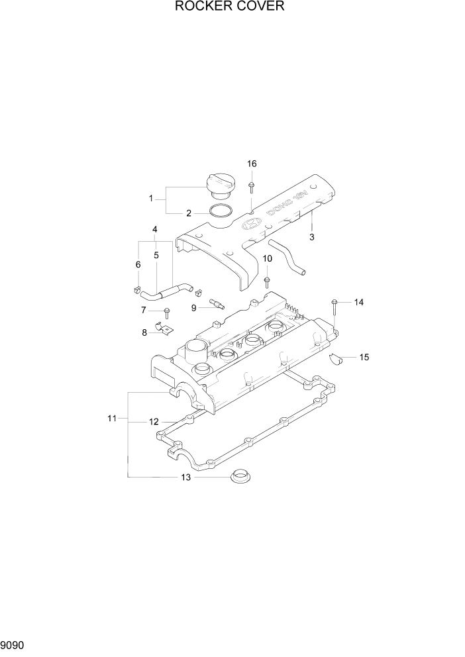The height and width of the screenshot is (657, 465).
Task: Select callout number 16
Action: (x=252, y=164)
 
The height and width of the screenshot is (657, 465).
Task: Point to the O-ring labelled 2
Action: (x=220, y=212)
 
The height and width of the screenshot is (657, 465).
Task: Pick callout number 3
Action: (x=311, y=236)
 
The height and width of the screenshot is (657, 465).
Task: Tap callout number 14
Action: (x=358, y=302)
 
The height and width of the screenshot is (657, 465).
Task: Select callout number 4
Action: (x=154, y=230)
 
